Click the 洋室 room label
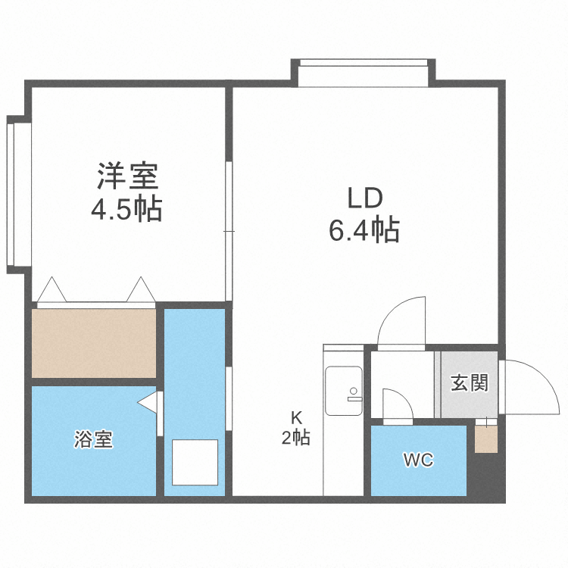tap(126, 176)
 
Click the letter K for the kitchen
tap(296, 416)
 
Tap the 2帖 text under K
tap(296, 438)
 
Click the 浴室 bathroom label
tap(94, 439)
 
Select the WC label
tap(417, 460)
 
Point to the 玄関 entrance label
tap(470, 383)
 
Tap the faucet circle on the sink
tap(353, 392)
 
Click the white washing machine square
tap(195, 462)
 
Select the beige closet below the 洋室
tap(94, 342)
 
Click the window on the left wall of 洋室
tap(17, 194)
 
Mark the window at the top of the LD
tap(363, 73)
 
